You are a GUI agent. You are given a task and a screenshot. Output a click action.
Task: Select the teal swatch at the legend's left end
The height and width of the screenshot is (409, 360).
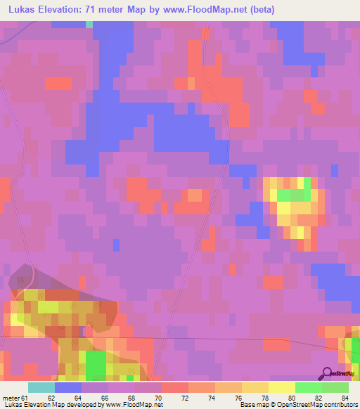coord(41,387)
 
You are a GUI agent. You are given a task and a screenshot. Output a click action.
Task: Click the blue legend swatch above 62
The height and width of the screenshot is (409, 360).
coord(68,387)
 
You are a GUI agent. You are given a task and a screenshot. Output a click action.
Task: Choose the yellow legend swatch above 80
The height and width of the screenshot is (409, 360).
coord(282,387)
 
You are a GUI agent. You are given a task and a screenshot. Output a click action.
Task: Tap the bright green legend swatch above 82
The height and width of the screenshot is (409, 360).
coord(309,387)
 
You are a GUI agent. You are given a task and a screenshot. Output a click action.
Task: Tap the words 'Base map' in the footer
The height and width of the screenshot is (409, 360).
coord(253,405)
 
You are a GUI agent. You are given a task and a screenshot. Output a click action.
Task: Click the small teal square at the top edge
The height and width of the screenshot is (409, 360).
coord(89,25)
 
